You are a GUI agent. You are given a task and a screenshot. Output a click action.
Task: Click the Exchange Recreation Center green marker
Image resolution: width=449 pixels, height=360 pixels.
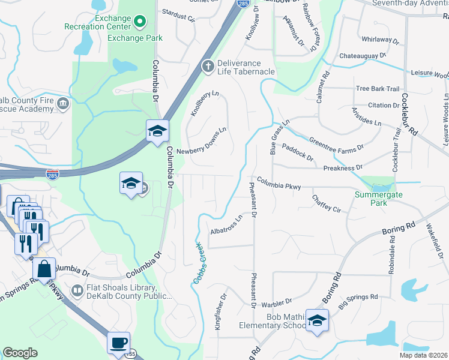coord(140,23)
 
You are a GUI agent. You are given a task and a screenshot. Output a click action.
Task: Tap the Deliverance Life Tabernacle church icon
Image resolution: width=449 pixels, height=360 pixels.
coord(208,66)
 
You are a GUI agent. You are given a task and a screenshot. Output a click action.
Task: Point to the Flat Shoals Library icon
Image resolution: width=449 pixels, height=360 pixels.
coord(77,291)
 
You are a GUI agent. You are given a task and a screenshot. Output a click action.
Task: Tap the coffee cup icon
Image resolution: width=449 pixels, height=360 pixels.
coord(118,343)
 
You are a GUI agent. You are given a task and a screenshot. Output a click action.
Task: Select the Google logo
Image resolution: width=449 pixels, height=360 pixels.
coord(20,353)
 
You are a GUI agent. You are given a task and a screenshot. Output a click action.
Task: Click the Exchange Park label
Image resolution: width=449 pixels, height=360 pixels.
coord(135,38)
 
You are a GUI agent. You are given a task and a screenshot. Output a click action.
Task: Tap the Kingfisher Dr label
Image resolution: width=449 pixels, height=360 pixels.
coord(219,312)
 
